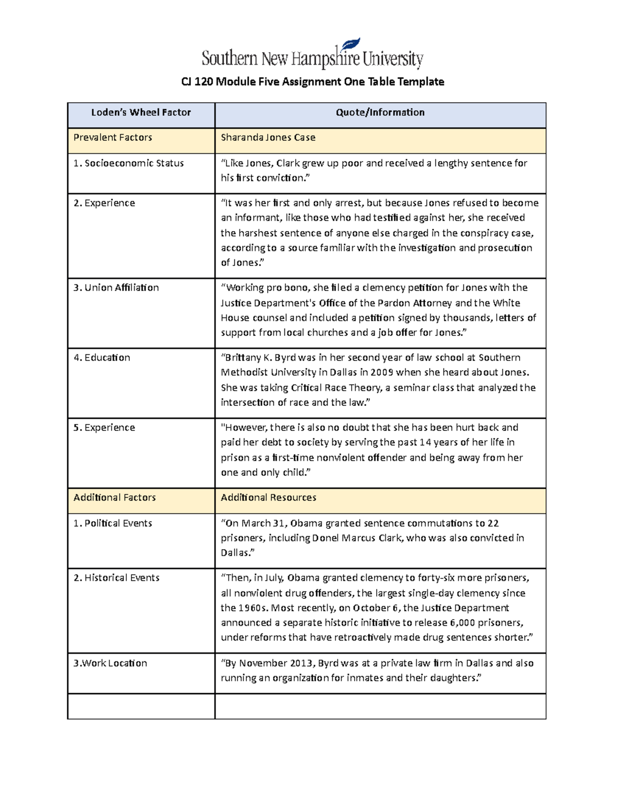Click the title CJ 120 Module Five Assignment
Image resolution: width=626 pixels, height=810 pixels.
tap(312, 81)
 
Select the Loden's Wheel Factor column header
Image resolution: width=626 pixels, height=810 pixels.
tap(141, 113)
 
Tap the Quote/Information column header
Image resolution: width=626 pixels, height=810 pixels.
tap(380, 113)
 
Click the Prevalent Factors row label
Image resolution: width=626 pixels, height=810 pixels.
tap(113, 138)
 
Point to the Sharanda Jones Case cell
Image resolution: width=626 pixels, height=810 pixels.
tap(268, 138)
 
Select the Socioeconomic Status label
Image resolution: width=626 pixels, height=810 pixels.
tap(129, 163)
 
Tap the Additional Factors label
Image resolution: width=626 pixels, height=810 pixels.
tap(115, 498)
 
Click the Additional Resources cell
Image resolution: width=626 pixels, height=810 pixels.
tap(268, 498)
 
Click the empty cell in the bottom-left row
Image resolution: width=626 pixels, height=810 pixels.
tap(141, 706)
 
